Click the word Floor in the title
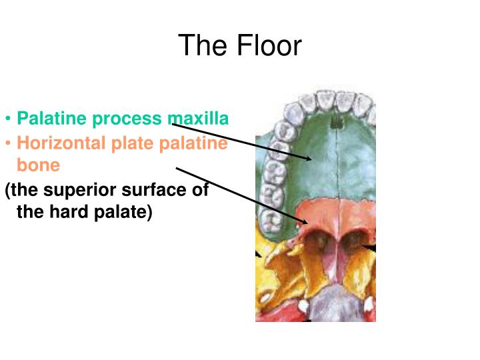pos(269,46)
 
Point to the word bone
pos(38,165)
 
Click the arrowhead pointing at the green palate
pos(309,159)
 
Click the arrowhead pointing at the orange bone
pos(301,222)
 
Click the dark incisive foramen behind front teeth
pos(337,122)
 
